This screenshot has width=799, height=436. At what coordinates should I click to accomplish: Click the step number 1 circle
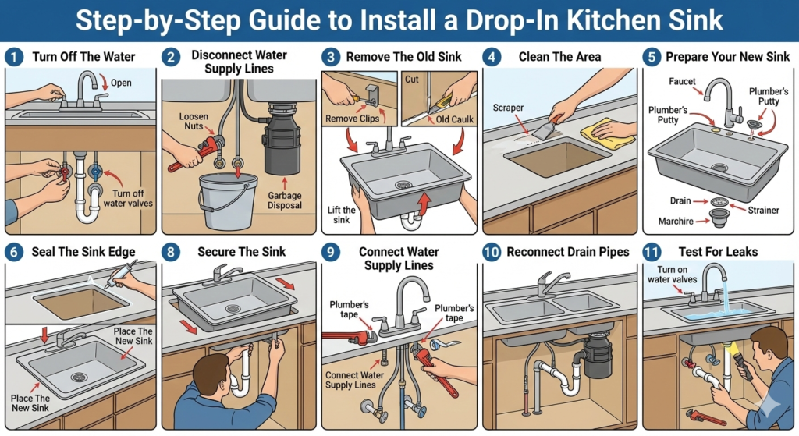(x=14, y=56)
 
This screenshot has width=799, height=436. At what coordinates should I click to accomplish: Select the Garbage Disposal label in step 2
(x=284, y=200)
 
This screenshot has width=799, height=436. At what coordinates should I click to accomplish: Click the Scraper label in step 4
(x=508, y=108)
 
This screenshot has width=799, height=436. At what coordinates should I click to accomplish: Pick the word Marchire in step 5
(x=676, y=221)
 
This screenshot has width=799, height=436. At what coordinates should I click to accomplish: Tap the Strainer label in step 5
(x=763, y=210)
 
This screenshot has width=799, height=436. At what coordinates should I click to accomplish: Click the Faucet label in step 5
(x=682, y=81)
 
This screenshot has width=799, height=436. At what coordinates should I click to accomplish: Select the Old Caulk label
(x=455, y=119)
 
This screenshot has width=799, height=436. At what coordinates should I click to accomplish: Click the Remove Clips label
(x=352, y=119)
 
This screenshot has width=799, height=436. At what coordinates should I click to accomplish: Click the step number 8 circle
(x=171, y=252)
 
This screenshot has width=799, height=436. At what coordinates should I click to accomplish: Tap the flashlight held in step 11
(x=743, y=365)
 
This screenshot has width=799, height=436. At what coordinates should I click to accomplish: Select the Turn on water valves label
(x=672, y=275)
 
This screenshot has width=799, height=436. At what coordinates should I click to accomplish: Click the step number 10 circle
(x=492, y=252)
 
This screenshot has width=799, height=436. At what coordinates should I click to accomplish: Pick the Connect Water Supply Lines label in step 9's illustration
(x=354, y=380)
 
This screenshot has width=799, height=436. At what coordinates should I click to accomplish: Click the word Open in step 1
(x=121, y=83)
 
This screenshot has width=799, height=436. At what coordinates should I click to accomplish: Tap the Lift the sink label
(x=342, y=214)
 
